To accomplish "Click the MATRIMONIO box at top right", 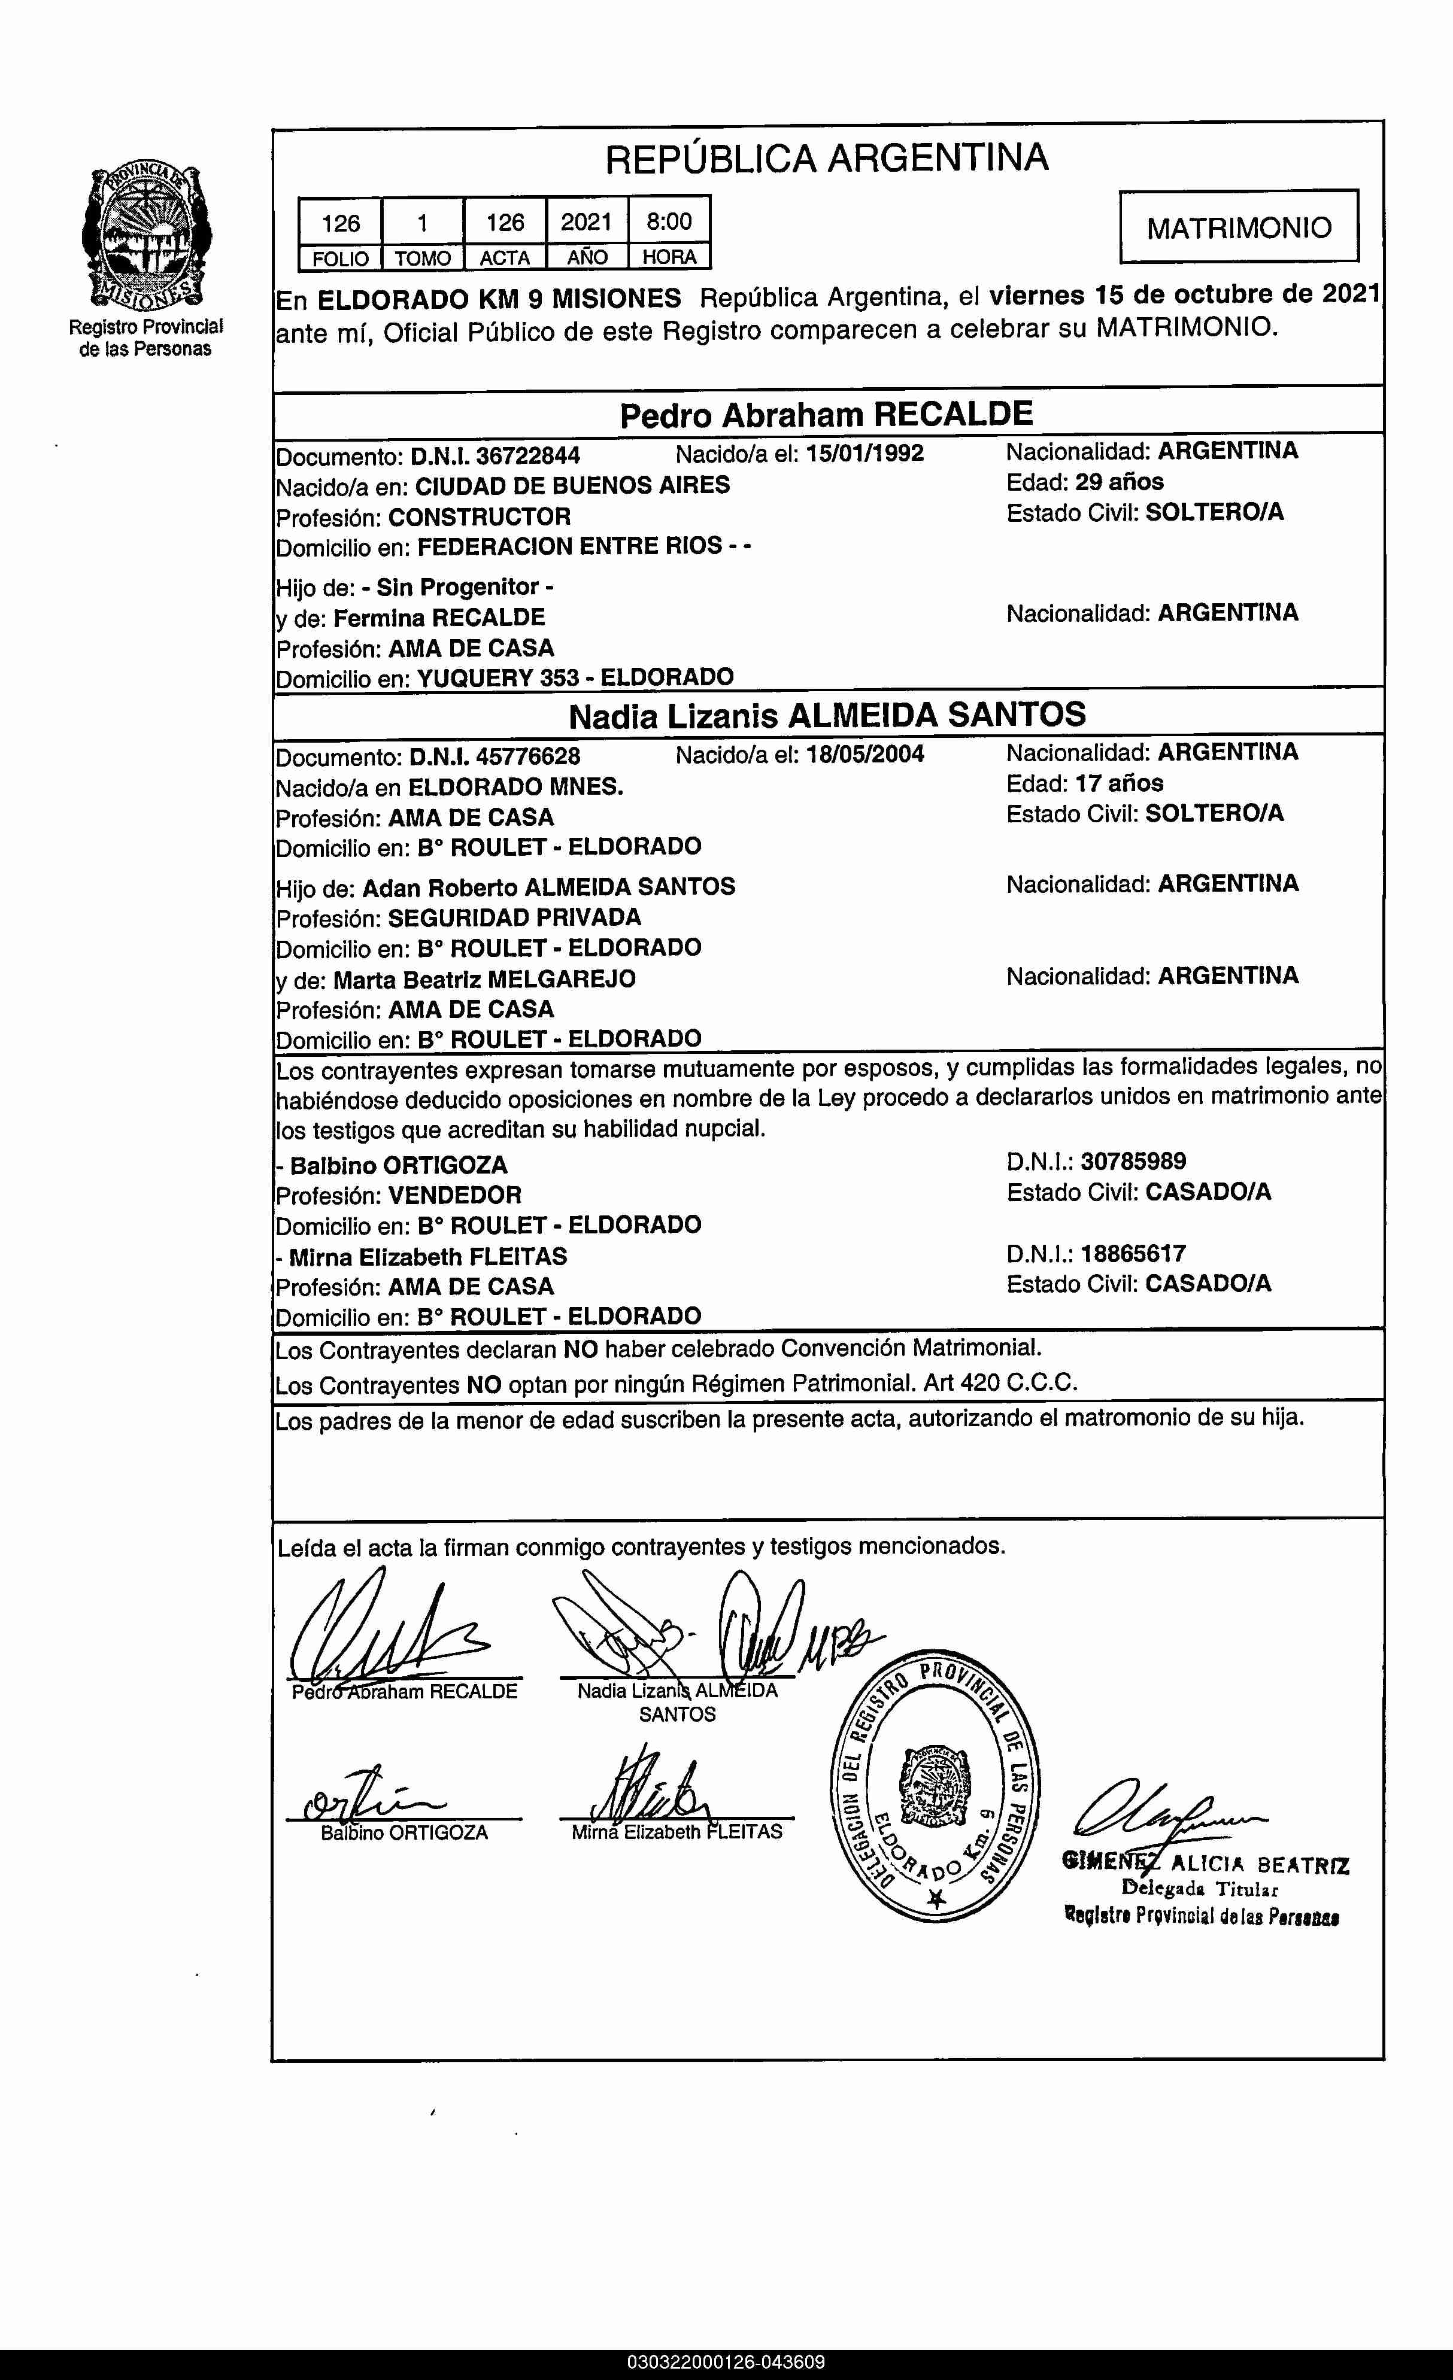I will tap(1239, 228).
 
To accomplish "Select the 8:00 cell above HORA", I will tap(669, 222).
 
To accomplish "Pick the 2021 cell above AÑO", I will tap(587, 222).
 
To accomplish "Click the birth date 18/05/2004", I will tap(864, 755).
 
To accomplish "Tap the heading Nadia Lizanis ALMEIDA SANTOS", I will tap(826, 716).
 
